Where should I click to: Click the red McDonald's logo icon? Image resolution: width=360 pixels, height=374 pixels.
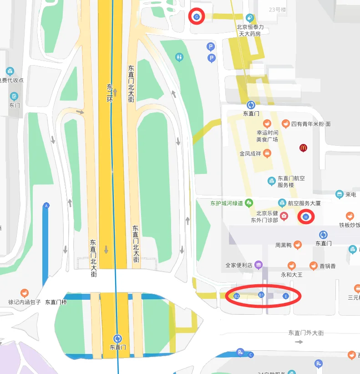click(x=303, y=148)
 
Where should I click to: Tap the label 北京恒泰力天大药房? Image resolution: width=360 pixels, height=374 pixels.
click(x=250, y=31)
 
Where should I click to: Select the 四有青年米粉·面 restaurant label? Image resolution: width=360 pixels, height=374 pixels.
click(x=311, y=124)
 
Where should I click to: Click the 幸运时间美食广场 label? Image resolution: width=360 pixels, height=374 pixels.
click(x=267, y=136)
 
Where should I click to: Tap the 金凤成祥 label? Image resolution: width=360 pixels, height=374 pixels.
click(x=251, y=154)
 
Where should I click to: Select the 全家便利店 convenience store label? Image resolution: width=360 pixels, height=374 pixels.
click(x=239, y=265)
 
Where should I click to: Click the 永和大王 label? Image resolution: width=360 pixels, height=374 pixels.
click(x=292, y=275)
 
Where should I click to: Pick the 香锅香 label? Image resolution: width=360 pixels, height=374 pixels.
click(x=327, y=266)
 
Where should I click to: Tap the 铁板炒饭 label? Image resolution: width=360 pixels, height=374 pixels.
click(x=349, y=225)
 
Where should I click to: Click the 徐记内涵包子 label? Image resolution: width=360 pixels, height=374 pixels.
click(x=25, y=302)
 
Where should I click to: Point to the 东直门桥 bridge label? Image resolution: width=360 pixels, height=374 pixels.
click(x=56, y=302)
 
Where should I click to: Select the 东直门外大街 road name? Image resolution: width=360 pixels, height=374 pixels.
click(x=306, y=333)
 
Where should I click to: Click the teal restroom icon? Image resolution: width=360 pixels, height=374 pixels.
click(x=179, y=57)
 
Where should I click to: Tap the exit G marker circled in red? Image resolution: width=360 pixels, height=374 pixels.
click(x=197, y=16)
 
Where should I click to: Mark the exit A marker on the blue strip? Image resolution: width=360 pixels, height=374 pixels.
click(x=46, y=206)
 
